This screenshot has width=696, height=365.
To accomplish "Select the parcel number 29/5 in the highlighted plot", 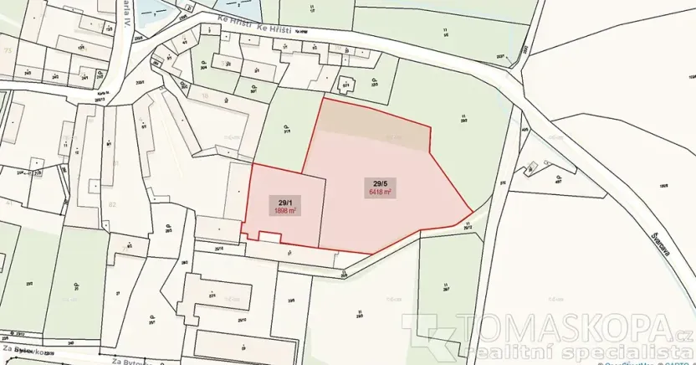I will pos(381,183).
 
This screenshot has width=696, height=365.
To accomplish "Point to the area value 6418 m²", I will pos(381,192).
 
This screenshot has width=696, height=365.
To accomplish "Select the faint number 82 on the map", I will pos(112,203).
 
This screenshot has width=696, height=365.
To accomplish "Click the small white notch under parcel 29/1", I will pos(269,238).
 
